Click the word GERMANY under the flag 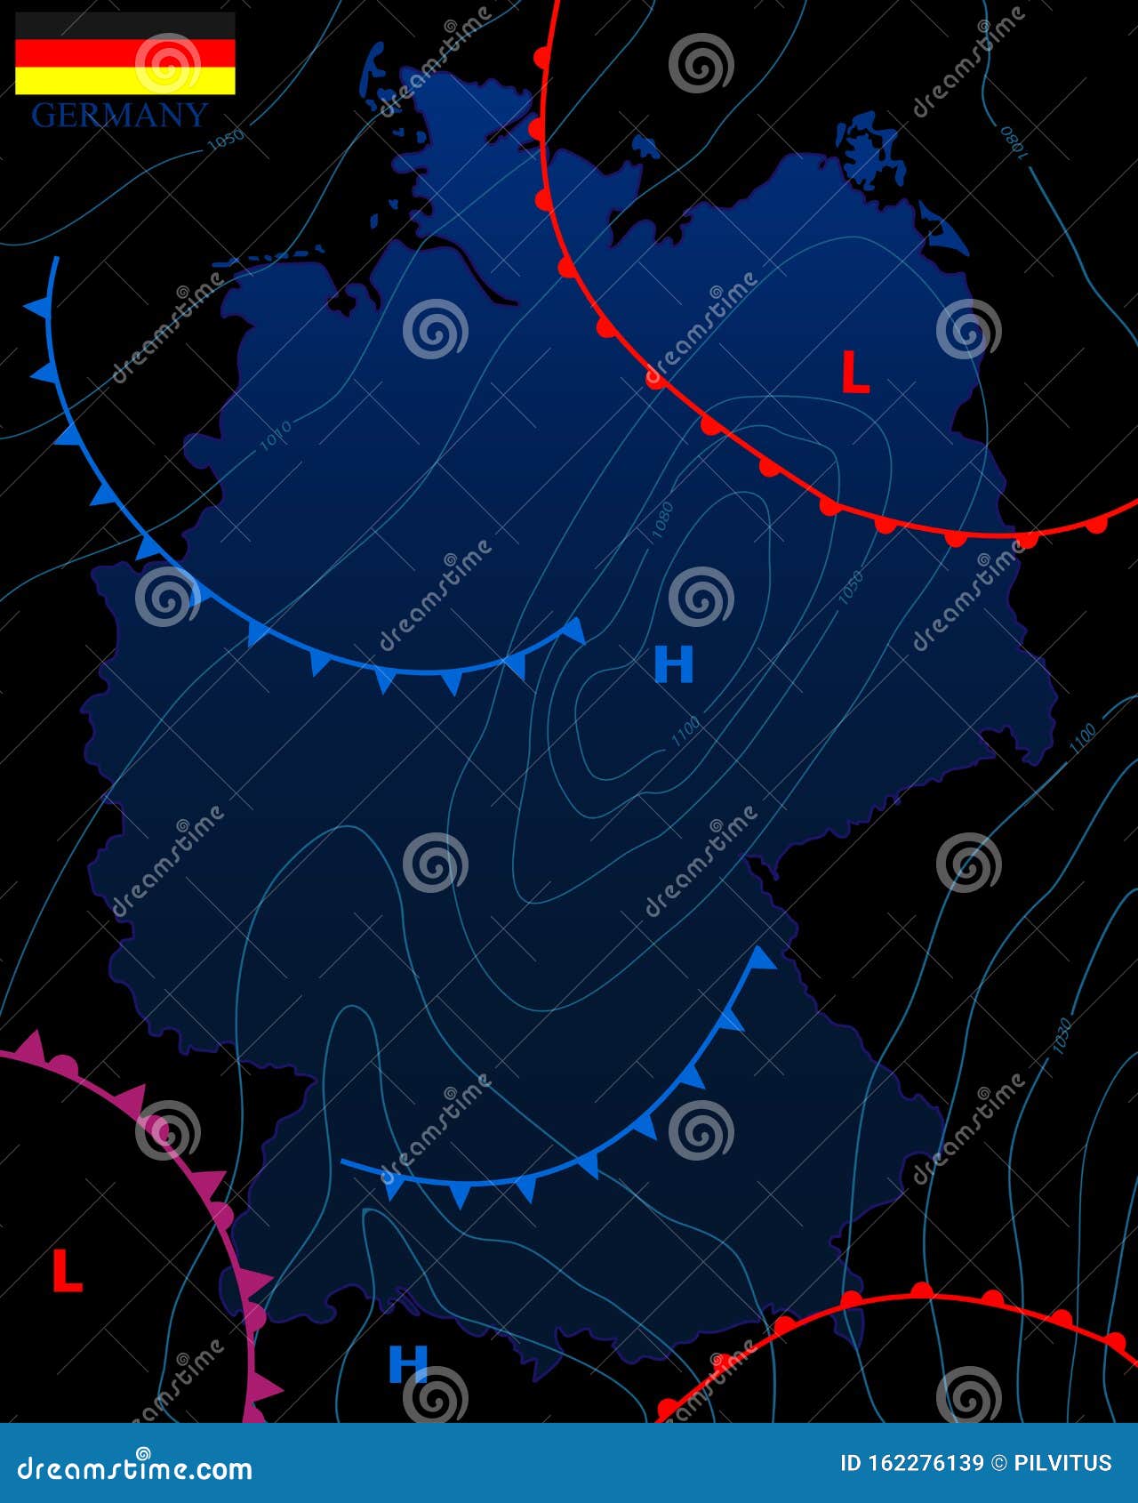[119, 116]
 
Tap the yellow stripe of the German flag [124, 82]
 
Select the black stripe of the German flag [124, 25]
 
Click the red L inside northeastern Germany [854, 373]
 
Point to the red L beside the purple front [67, 1271]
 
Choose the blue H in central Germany [673, 664]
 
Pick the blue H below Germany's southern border [408, 1362]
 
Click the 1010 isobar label [276, 436]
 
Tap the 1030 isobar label [1062, 1036]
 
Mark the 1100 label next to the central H [685, 731]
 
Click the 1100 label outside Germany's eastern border [1082, 739]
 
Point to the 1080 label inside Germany [662, 522]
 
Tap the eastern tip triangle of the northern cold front [574, 630]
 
